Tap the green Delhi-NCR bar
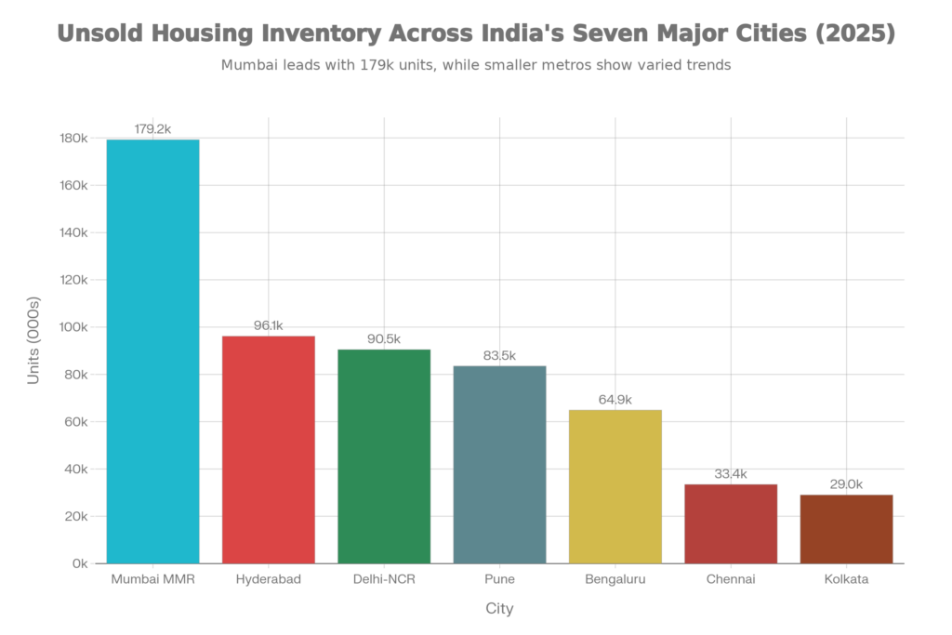click(x=384, y=456)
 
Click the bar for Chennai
click(x=731, y=523)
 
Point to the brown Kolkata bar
click(x=846, y=528)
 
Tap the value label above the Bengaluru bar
click(x=615, y=400)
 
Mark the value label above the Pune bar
click(x=499, y=356)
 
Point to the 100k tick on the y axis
click(x=74, y=327)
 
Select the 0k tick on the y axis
click(x=80, y=563)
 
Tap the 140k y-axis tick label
click(x=74, y=232)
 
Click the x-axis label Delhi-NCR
click(x=384, y=579)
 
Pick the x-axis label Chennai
click(x=731, y=579)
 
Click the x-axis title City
click(x=499, y=610)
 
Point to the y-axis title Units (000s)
click(x=33, y=341)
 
